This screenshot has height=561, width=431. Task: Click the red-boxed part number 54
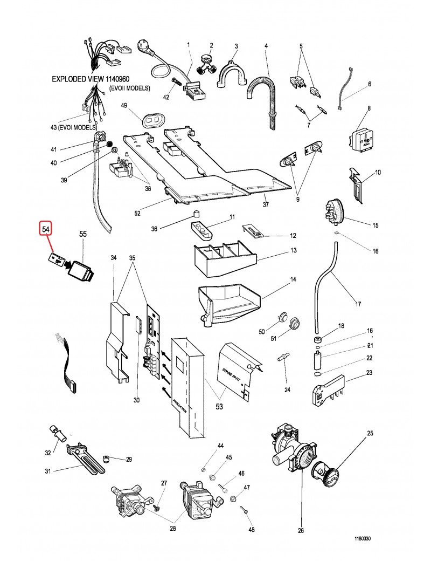click(x=47, y=230)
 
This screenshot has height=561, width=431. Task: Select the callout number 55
click(x=83, y=234)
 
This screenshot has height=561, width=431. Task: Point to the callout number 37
click(x=266, y=205)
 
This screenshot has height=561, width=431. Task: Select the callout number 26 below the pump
click(x=301, y=531)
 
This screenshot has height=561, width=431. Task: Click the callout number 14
click(x=294, y=280)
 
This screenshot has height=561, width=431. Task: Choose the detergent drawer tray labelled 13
click(x=222, y=258)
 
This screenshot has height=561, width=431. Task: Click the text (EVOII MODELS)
click(x=129, y=88)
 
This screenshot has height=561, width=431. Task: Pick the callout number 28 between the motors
click(x=173, y=529)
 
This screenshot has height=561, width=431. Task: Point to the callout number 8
click(x=369, y=109)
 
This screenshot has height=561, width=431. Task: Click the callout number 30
click(x=136, y=400)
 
